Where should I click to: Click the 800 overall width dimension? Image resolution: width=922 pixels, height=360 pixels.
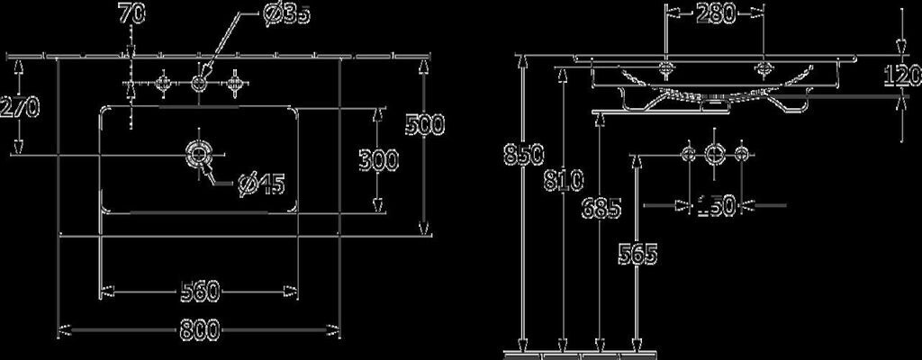(198, 330)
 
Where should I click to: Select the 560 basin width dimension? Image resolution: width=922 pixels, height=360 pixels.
(200, 291)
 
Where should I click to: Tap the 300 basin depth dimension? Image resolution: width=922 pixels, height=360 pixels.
(378, 162)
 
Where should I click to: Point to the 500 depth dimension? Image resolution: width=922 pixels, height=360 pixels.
(424, 124)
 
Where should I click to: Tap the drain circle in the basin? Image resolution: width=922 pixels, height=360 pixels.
(198, 153)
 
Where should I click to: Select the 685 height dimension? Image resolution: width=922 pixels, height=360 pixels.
(601, 209)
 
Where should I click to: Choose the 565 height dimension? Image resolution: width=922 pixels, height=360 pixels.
(638, 254)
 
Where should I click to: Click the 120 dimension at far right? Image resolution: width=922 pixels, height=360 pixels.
(906, 76)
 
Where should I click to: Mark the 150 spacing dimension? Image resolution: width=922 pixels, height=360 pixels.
(716, 206)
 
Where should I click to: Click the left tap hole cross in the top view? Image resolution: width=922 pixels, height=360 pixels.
(163, 84)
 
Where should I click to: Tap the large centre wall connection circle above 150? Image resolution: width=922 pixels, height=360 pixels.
(715, 154)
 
